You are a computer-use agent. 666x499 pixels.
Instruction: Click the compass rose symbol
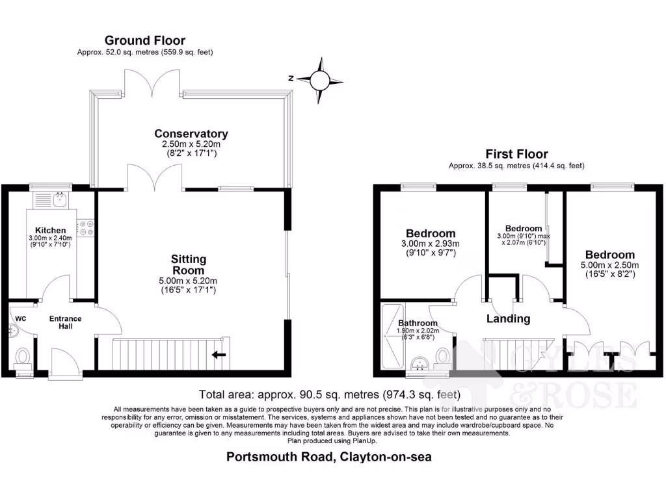319,79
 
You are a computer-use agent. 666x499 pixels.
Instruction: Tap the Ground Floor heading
145,40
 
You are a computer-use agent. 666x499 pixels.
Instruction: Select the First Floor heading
516,154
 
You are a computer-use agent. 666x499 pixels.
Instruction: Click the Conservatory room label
191,134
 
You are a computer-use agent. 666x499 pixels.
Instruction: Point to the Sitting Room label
189,265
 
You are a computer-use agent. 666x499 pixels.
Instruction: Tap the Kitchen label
50,231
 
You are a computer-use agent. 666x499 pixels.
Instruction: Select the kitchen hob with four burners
86,227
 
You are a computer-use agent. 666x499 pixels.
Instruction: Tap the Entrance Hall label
66,322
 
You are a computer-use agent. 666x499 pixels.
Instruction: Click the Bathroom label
418,323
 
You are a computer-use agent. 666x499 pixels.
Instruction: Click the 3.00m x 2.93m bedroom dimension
431,244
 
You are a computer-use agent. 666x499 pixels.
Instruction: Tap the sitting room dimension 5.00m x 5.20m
189,281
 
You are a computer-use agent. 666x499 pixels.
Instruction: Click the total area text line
330,394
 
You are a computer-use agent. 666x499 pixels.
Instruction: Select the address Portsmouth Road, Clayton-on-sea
328,457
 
